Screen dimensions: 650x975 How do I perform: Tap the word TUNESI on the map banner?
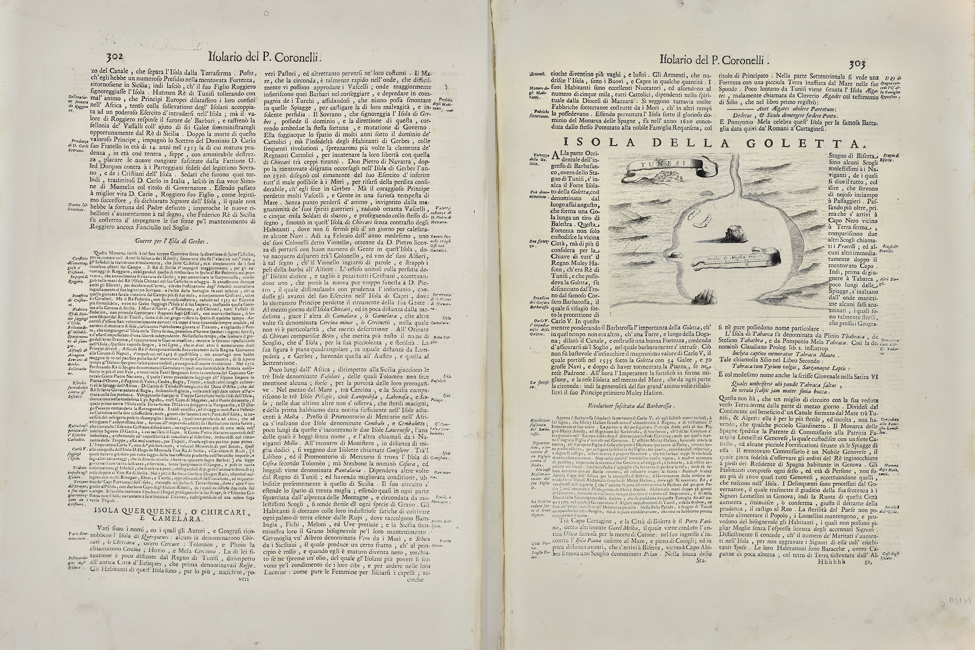658,163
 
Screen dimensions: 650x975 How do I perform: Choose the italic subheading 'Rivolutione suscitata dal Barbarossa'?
631,406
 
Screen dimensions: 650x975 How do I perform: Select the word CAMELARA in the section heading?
179,519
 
